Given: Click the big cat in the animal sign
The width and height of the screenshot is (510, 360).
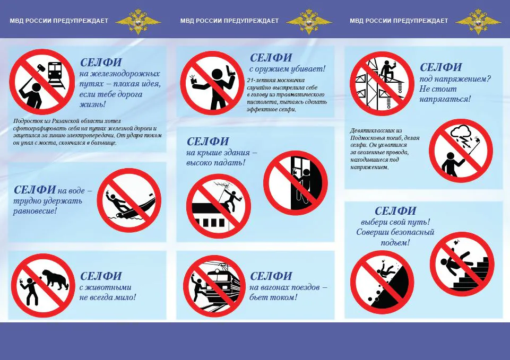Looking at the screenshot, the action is tap(56, 279).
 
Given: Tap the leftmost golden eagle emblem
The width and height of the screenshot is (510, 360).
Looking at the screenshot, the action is tap(138, 21).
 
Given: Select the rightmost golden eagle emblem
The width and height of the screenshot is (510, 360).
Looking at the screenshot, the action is tap(478, 21).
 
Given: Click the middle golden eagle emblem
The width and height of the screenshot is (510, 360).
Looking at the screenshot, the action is tap(309, 21).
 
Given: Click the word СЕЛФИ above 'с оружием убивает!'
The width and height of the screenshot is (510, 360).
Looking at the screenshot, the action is tap(271, 58).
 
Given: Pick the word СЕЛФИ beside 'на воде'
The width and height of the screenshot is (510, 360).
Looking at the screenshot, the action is tap(35, 189).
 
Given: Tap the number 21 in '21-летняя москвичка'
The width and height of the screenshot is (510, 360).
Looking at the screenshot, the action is tap(250, 80).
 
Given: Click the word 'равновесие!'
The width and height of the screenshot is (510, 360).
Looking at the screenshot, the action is tap(35, 211).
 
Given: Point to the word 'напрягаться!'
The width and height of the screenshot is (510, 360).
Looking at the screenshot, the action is tap(445, 99).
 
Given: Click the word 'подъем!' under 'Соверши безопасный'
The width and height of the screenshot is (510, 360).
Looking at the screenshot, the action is tap(395, 243).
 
